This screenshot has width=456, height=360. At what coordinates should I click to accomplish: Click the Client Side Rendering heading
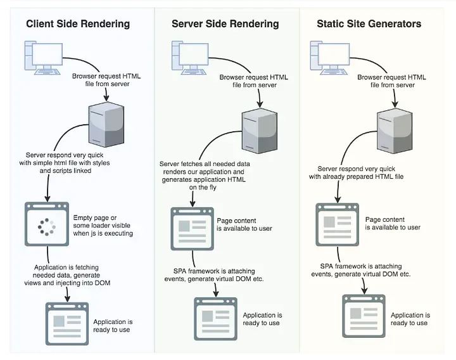pos(78,24)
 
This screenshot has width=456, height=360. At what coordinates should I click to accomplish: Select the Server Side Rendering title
pos(225,24)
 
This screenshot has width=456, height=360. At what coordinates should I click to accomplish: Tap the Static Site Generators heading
pos(369,24)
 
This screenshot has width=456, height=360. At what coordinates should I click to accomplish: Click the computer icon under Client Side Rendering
pos(44,58)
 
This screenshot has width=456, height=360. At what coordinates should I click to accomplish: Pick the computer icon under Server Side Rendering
pos(190,58)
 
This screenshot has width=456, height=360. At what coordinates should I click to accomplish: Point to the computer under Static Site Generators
pos(330,58)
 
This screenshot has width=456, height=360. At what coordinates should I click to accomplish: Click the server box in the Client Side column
pos(106,124)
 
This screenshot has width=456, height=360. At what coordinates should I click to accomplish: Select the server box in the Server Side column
pos(260,131)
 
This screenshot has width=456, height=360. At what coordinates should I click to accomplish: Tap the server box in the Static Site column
pos(395,131)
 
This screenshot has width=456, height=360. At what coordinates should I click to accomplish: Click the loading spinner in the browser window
pos(46,227)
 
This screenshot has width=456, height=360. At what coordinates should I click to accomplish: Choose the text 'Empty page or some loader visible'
pos(101,221)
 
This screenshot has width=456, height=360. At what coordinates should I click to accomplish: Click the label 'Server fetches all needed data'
pos(205,164)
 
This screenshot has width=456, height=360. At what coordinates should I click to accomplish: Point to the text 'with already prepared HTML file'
pos(356,176)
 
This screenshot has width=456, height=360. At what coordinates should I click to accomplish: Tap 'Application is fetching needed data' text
pos(66,271)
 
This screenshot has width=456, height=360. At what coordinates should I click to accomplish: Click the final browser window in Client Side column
pos(67,324)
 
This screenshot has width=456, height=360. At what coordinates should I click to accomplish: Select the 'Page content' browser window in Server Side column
pos(193,229)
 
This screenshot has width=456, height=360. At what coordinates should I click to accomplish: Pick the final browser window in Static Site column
pos(364,316)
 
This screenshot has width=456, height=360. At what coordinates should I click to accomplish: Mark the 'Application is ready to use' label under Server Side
pos(262,319)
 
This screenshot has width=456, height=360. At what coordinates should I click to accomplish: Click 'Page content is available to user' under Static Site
pos(393,224)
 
